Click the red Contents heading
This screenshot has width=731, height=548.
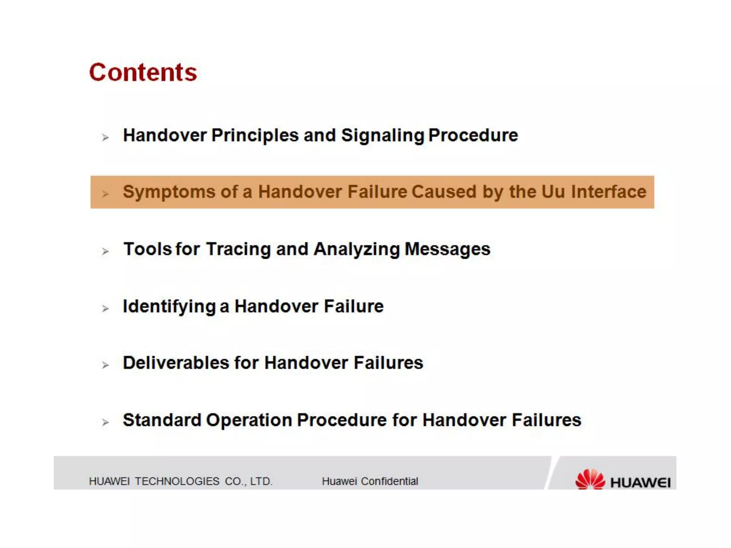pyautogui.click(x=143, y=72)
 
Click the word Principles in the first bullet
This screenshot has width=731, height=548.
pyautogui.click(x=255, y=136)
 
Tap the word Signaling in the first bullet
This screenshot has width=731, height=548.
pyautogui.click(x=382, y=136)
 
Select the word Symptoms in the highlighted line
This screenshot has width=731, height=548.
pyautogui.click(x=169, y=192)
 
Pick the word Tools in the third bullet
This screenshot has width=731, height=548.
pyautogui.click(x=147, y=249)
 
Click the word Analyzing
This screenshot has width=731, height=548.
pyautogui.click(x=357, y=249)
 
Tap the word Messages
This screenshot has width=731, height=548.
pyautogui.click(x=448, y=249)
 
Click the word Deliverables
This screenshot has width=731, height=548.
pyautogui.click(x=176, y=363)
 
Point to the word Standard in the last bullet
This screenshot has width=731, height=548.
pyautogui.click(x=162, y=420)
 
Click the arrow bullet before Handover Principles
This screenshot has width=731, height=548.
pyautogui.click(x=105, y=137)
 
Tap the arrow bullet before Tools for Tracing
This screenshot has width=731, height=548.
pyautogui.click(x=105, y=251)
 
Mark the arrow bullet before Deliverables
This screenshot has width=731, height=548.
pyautogui.click(x=105, y=365)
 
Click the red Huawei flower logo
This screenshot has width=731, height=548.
pyautogui.click(x=590, y=479)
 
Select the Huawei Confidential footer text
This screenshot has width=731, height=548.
pyautogui.click(x=370, y=481)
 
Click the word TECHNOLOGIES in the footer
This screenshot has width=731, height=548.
pyautogui.click(x=177, y=481)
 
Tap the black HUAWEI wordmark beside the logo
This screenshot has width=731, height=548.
pyautogui.click(x=640, y=483)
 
